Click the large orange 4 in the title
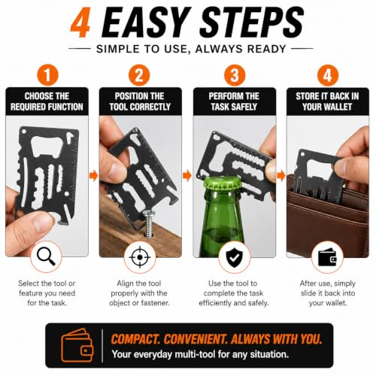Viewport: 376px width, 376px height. click(x=80, y=23)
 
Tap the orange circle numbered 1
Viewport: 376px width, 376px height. click(x=47, y=75)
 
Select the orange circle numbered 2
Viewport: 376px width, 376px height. click(x=139, y=75)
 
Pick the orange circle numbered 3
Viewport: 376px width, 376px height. click(x=235, y=75)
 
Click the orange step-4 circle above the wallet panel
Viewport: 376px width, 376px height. click(x=328, y=75)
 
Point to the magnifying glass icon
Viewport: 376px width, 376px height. click(x=46, y=256)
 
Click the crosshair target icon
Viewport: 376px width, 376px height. click(x=140, y=257)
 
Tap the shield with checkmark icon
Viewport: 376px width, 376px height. click(x=234, y=258)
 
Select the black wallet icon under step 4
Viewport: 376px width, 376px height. click(x=327, y=257)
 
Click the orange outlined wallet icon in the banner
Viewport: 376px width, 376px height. click(x=77, y=345)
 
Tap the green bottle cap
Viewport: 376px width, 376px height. click(x=222, y=186)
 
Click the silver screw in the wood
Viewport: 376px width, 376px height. click(x=149, y=223)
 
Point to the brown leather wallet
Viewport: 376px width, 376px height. click(x=328, y=220)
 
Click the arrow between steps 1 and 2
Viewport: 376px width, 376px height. click(x=93, y=175)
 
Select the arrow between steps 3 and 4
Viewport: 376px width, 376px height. click(x=281, y=175)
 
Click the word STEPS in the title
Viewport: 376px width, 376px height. click(x=252, y=23)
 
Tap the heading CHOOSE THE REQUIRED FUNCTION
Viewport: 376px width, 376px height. click(x=47, y=102)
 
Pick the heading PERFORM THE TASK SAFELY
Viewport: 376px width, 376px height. click(x=234, y=102)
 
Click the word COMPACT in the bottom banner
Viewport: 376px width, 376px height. click(x=135, y=339)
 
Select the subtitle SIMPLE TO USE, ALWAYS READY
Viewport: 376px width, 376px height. click(x=191, y=49)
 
